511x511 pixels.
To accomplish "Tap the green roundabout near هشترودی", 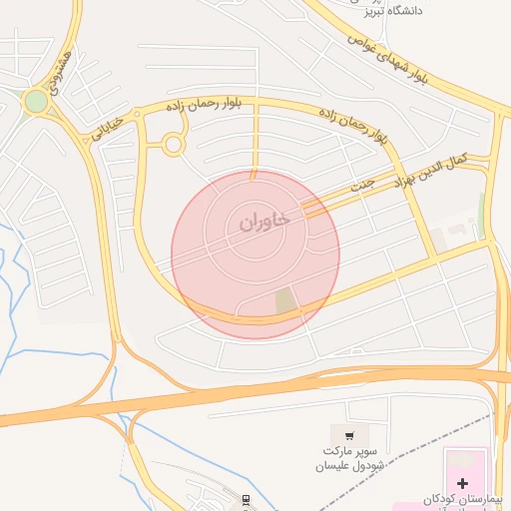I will [37, 101].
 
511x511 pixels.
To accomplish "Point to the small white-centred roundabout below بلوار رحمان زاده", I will [174, 145].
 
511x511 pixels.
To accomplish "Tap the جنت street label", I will [360, 187].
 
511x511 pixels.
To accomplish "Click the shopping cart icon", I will [349, 435].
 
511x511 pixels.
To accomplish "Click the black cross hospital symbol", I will [462, 483].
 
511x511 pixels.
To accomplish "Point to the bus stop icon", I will [247, 498].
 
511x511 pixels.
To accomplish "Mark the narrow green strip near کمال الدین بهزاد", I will [482, 210].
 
